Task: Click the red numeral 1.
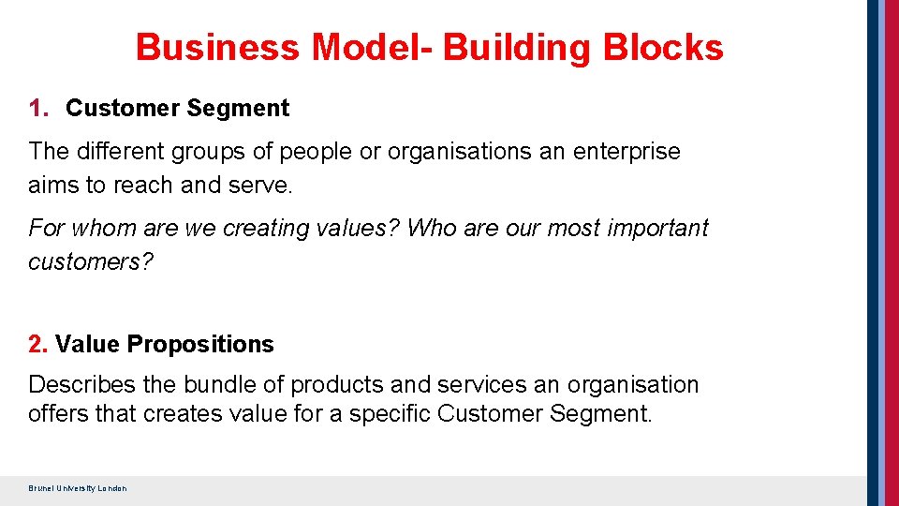[37, 109]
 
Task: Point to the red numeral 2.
[37, 345]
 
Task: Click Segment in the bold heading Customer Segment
[238, 109]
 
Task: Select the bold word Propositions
[200, 345]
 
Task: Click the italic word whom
[97, 228]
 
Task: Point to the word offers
[58, 412]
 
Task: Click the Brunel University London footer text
[78, 488]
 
